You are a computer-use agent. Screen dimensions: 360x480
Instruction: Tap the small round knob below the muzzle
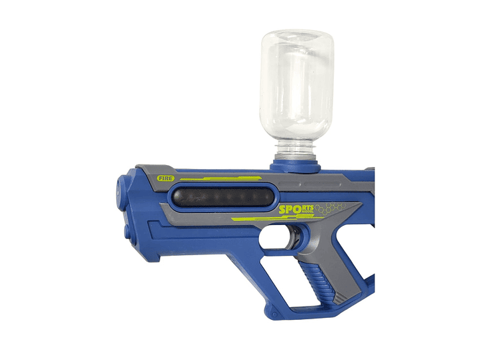pyautogui.click(x=127, y=231)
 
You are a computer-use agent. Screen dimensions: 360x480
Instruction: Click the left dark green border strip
pyautogui.click(x=30, y=180)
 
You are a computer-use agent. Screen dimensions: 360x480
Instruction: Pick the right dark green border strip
pyautogui.click(x=449, y=180)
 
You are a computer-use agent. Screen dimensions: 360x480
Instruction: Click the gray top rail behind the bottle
pyautogui.click(x=347, y=175)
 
